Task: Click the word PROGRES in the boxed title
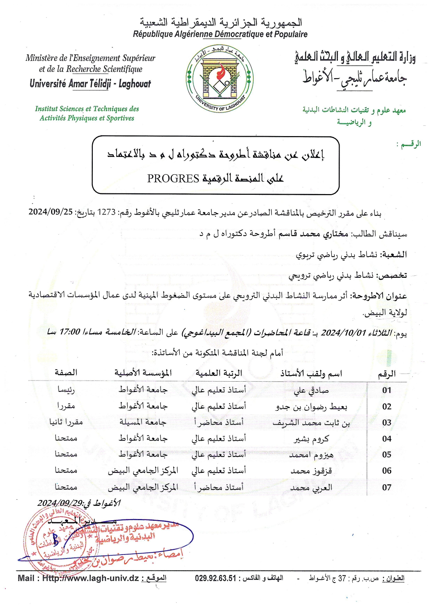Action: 173,178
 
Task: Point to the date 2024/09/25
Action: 50,212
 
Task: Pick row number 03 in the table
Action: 387,423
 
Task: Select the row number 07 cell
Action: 387,487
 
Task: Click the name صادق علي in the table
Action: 311,391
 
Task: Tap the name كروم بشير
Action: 311,439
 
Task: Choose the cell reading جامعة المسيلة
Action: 143,423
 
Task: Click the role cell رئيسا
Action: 66,390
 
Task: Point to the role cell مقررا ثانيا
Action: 66,422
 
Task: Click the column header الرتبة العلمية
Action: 219,373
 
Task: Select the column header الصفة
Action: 66,373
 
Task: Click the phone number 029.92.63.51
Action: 215,578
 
